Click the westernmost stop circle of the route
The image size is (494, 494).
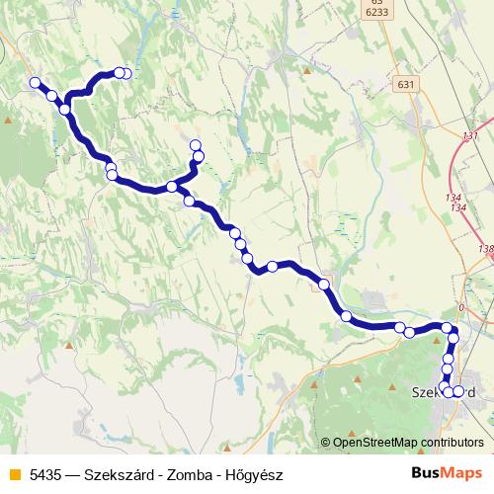tap(35, 83)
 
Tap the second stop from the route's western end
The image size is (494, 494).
tap(51, 96)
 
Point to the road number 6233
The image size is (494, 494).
tap(374, 12)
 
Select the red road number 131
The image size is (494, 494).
tap(470, 135)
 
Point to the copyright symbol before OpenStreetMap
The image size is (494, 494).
tap(326, 444)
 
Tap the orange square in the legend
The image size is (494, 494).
tap(15, 474)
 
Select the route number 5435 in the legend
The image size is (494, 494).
tap(45, 474)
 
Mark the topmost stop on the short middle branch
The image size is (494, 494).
tap(196, 145)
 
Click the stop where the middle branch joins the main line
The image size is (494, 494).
tap(172, 187)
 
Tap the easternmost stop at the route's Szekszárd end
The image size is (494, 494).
tap(458, 391)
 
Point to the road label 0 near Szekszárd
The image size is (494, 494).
tap(460, 308)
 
